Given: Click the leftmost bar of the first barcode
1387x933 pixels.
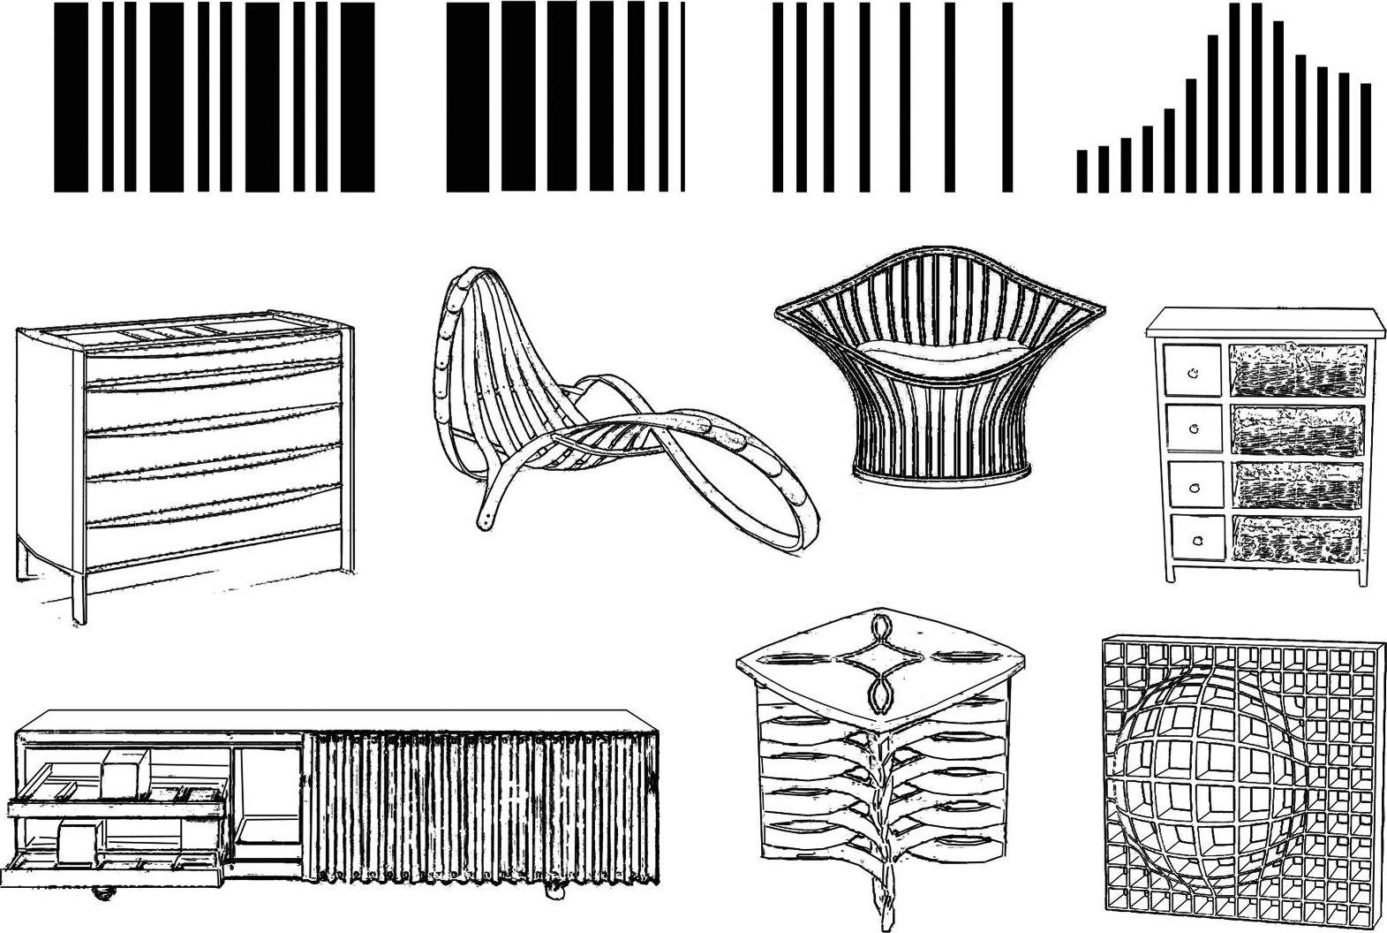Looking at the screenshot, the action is (71, 97).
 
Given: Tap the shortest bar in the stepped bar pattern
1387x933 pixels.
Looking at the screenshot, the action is (1082, 171).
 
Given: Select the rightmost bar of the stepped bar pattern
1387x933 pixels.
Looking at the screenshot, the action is (1366, 137).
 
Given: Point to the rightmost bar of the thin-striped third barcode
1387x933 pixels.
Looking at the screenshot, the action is (1006, 97).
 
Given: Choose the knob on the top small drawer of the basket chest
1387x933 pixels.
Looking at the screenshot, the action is (1194, 373).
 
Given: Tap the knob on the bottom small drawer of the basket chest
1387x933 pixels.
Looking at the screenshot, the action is (1198, 540).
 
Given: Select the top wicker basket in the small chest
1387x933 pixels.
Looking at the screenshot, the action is (1298, 369).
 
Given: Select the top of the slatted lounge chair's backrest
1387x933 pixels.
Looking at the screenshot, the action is (472, 278).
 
